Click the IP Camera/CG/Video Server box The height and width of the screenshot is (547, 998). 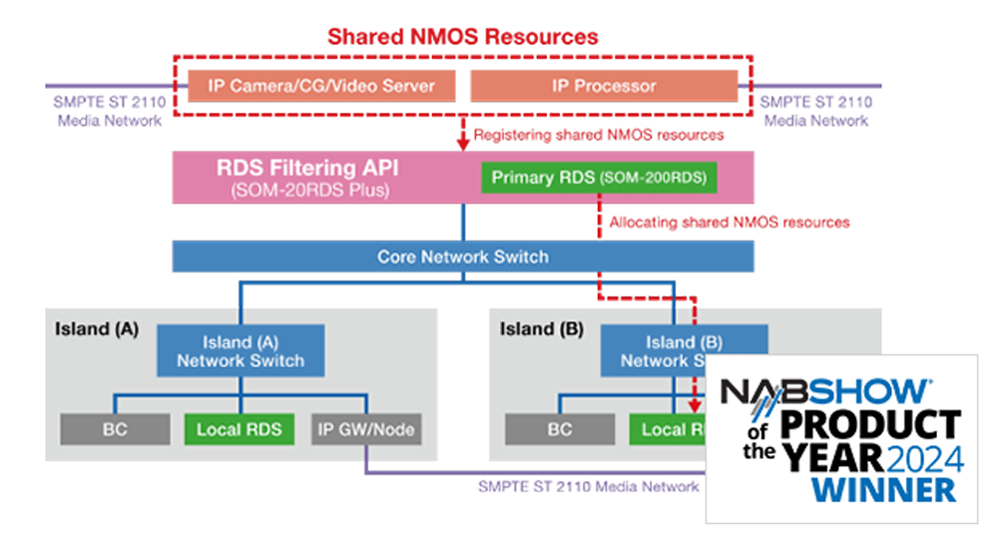321,86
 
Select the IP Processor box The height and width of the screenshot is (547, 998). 604,86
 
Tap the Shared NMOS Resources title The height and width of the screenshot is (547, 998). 463,37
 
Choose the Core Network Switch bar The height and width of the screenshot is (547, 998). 463,257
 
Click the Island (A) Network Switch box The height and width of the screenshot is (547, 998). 241,351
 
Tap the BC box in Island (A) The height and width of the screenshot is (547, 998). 113,429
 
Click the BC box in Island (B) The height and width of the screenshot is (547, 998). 559,429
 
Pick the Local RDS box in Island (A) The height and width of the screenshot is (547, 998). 240,429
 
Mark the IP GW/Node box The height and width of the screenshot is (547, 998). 365,429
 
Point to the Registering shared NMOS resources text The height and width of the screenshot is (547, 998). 598,134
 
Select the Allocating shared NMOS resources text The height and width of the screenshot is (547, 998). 729,222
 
